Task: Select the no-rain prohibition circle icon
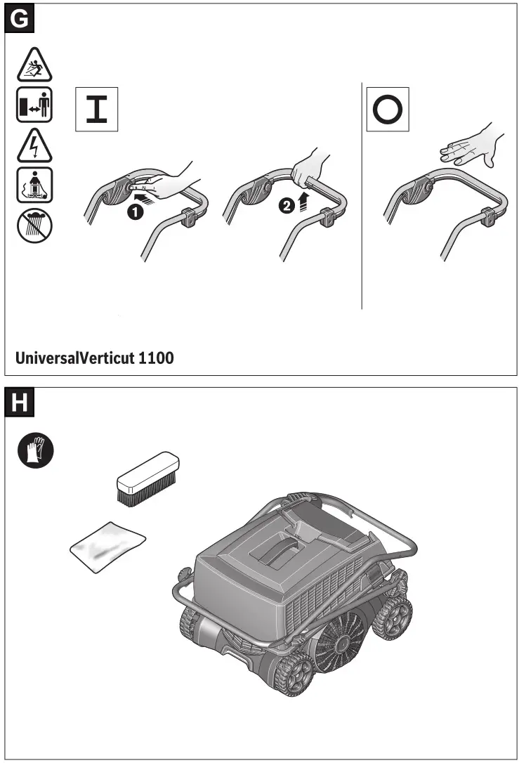click(x=34, y=223)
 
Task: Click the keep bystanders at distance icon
click(x=34, y=107)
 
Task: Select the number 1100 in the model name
click(x=156, y=358)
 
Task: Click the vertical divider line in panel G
click(x=362, y=197)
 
